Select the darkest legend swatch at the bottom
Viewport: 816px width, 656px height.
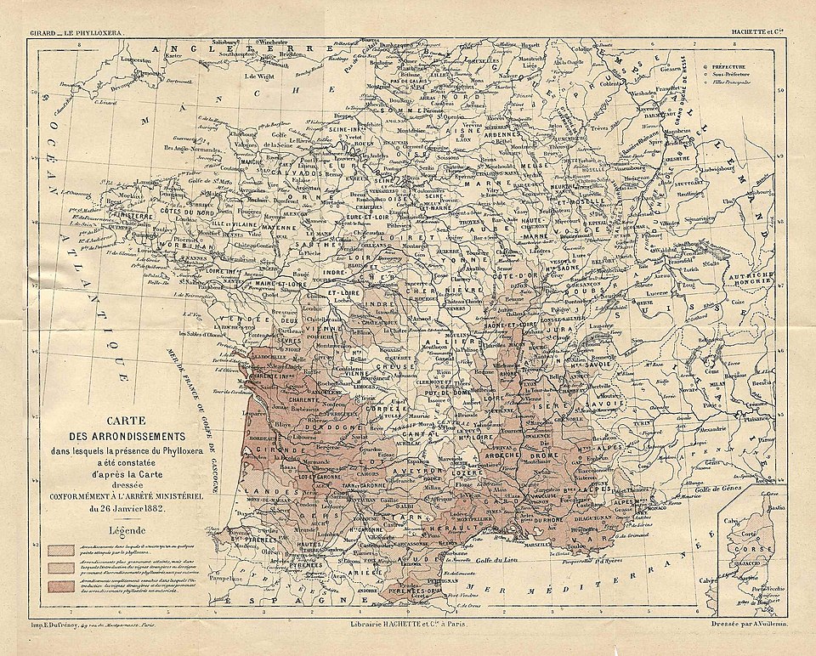pyautogui.click(x=60, y=586)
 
